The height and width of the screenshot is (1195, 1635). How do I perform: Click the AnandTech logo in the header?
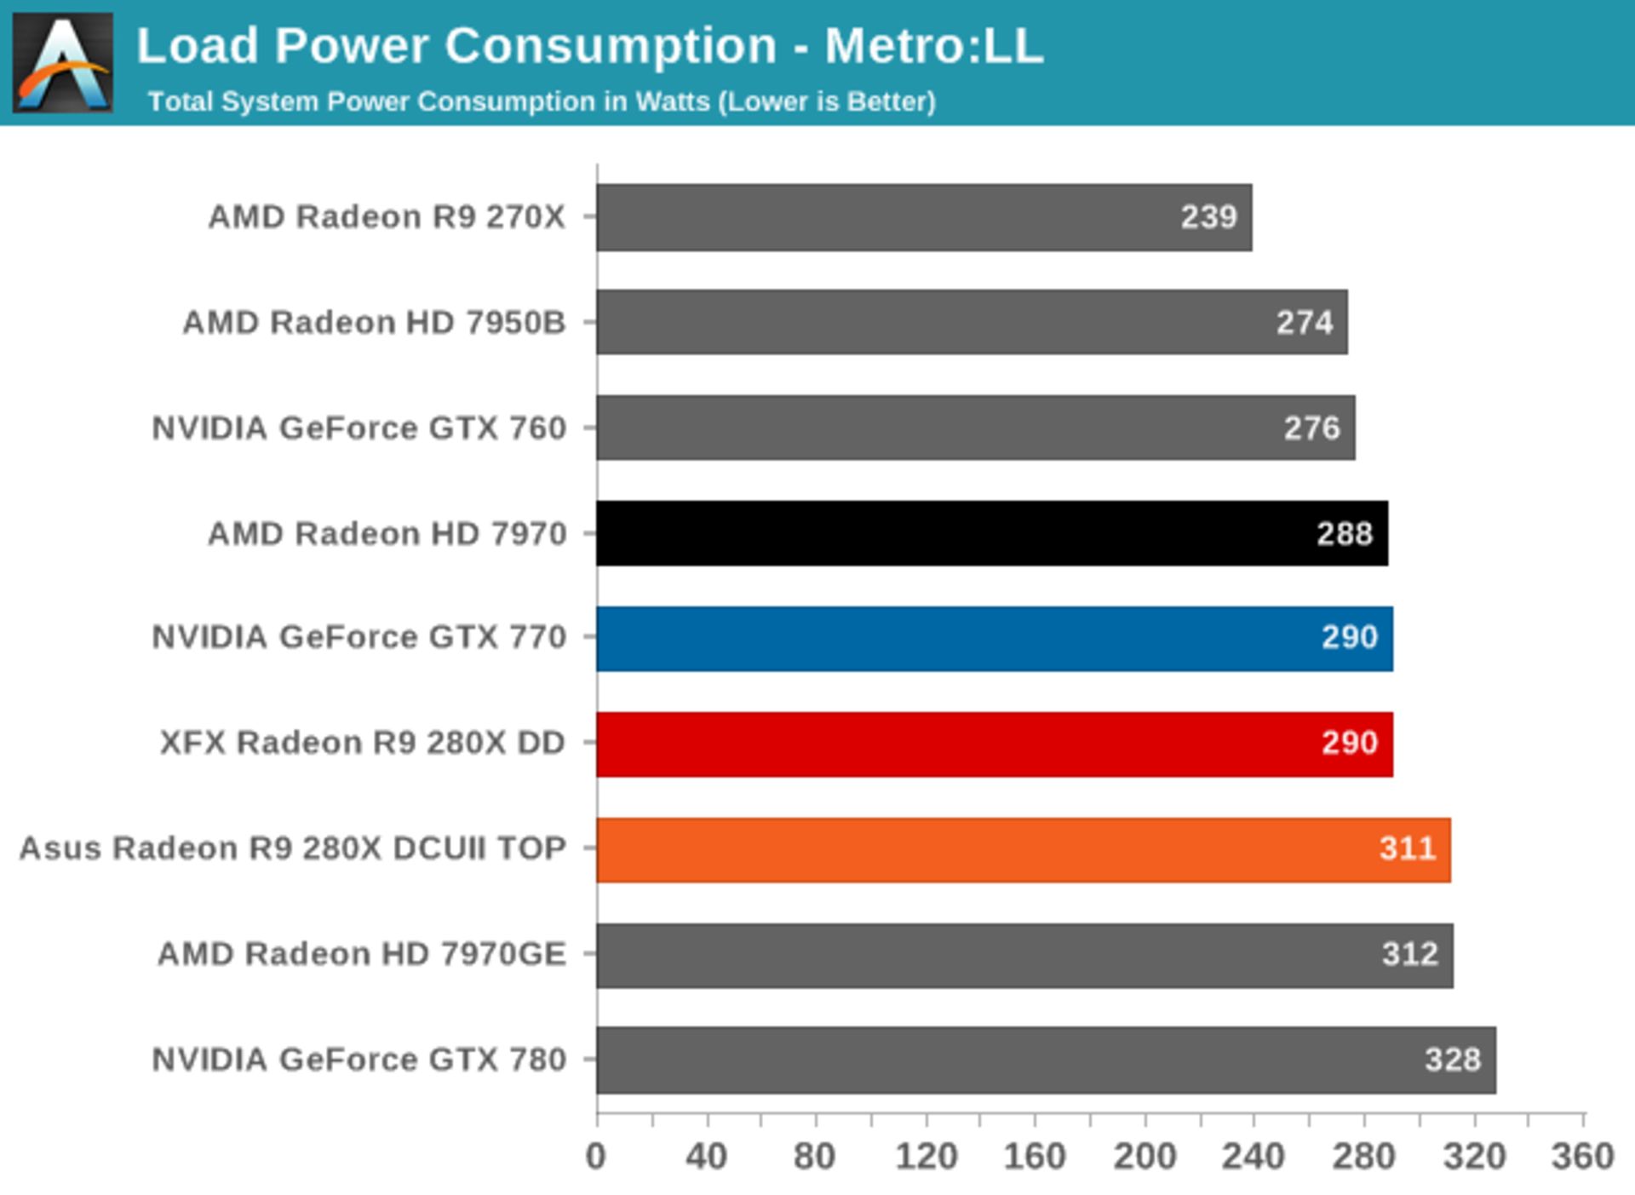tap(62, 62)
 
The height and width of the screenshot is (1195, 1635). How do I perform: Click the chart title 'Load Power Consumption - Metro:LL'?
tap(589, 45)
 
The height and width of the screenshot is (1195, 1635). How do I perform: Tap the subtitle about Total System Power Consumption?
tap(542, 101)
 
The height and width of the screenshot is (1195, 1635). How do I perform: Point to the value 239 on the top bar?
tap(1208, 217)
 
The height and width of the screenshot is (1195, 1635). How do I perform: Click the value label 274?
tap(1304, 323)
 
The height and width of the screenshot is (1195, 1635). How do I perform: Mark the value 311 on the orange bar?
tap(1408, 848)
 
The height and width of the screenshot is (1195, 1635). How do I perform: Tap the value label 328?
tap(1453, 1060)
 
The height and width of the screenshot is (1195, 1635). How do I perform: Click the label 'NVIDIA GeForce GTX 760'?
tap(359, 428)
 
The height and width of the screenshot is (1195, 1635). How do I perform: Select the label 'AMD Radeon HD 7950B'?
tap(374, 323)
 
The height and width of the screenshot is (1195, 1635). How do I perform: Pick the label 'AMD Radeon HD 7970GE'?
tap(362, 954)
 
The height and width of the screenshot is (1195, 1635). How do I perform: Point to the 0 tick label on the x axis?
tap(596, 1157)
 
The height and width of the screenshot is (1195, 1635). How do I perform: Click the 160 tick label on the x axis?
tap(1035, 1157)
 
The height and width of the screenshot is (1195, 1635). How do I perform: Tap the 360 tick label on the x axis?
tap(1582, 1157)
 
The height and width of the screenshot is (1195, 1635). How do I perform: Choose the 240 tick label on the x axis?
tap(1253, 1157)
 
